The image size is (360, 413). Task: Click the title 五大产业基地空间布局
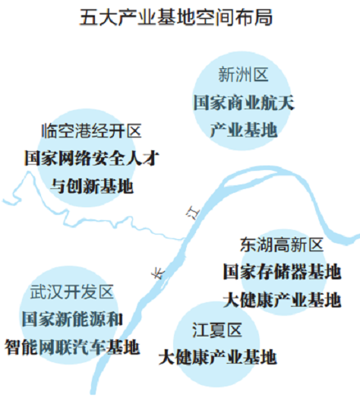176,17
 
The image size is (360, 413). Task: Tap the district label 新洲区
243,74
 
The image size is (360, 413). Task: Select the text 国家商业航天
244,102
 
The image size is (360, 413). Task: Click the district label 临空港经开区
91,131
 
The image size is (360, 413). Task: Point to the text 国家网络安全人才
92,159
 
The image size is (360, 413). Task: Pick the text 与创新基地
92,186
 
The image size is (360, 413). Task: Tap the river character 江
193,213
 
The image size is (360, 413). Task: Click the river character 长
158,273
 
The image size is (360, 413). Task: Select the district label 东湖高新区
282,244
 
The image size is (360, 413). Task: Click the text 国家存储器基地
282,272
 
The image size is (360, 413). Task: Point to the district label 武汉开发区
71,292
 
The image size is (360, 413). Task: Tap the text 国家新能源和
72,319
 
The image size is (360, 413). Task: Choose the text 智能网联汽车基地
72,347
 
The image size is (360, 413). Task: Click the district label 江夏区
217,330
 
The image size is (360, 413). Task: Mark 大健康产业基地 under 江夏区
217,357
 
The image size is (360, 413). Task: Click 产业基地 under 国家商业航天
244,130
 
